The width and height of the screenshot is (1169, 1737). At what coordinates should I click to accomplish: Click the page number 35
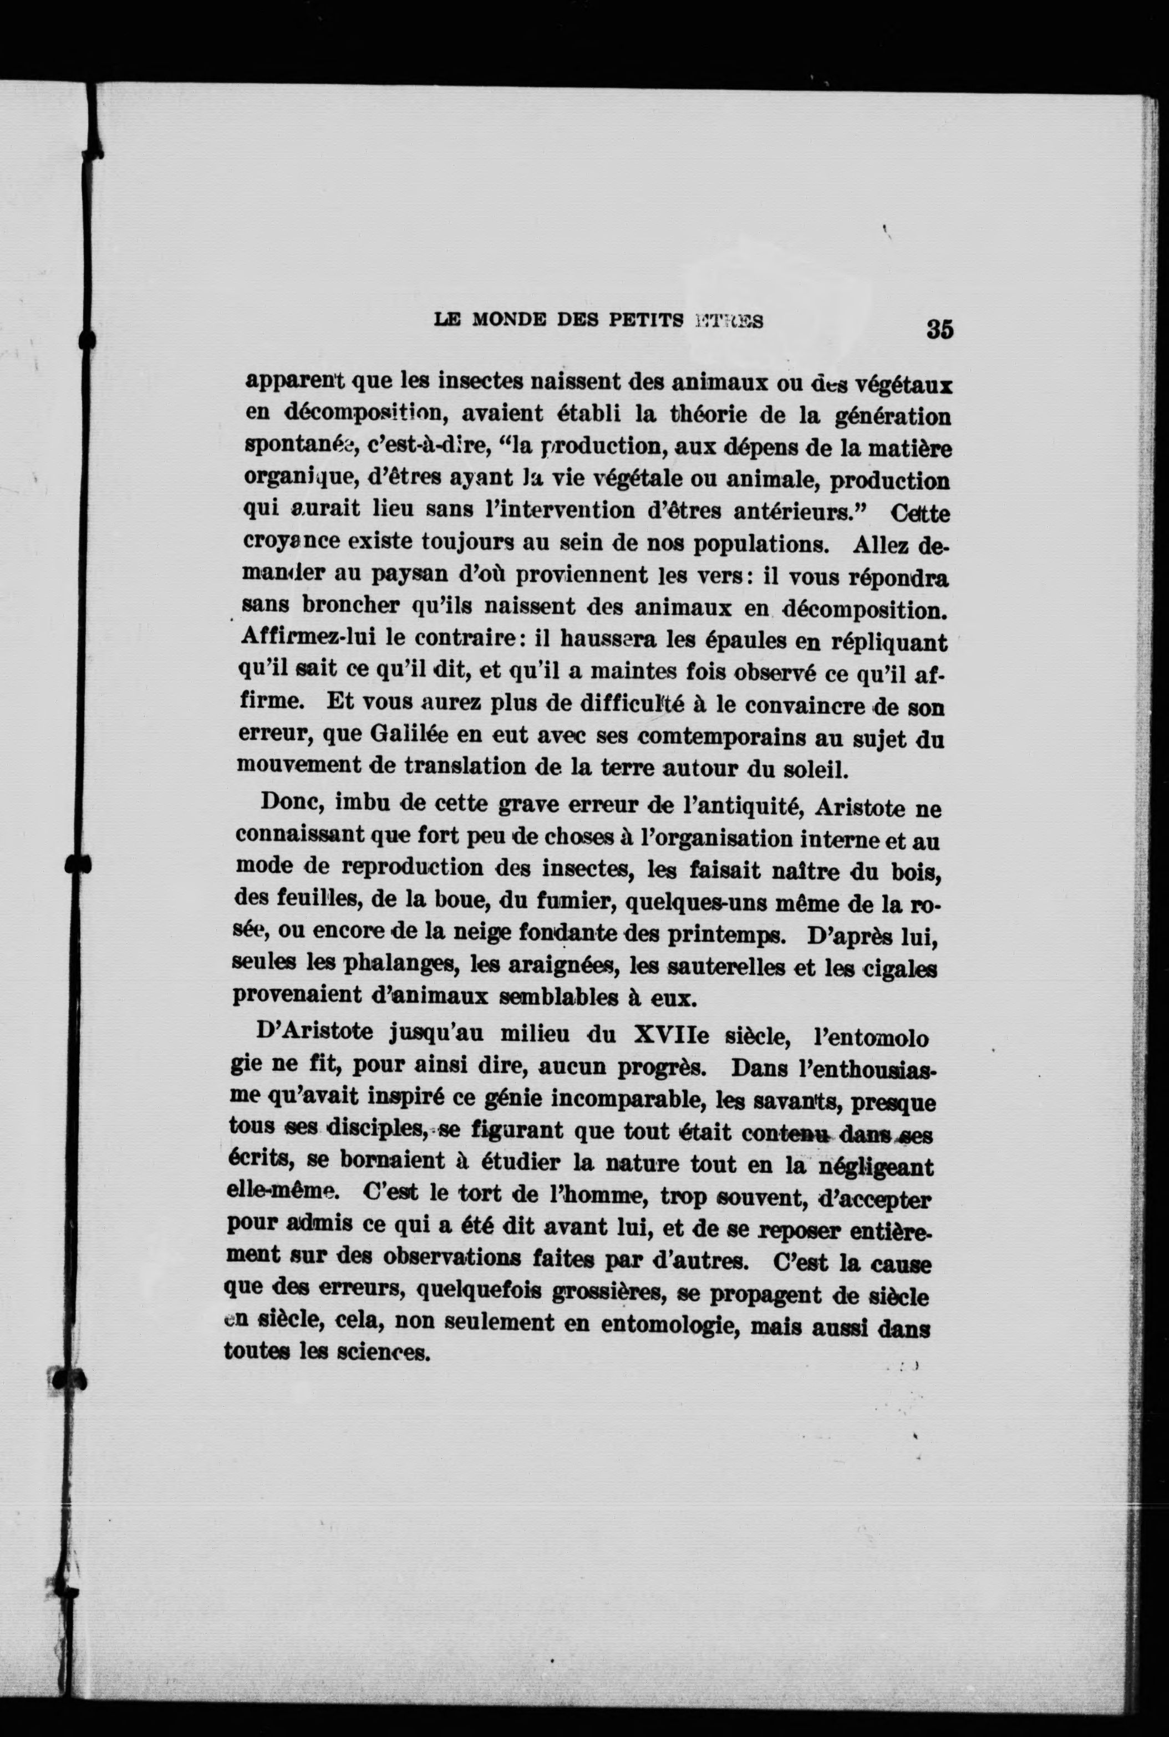click(940, 329)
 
